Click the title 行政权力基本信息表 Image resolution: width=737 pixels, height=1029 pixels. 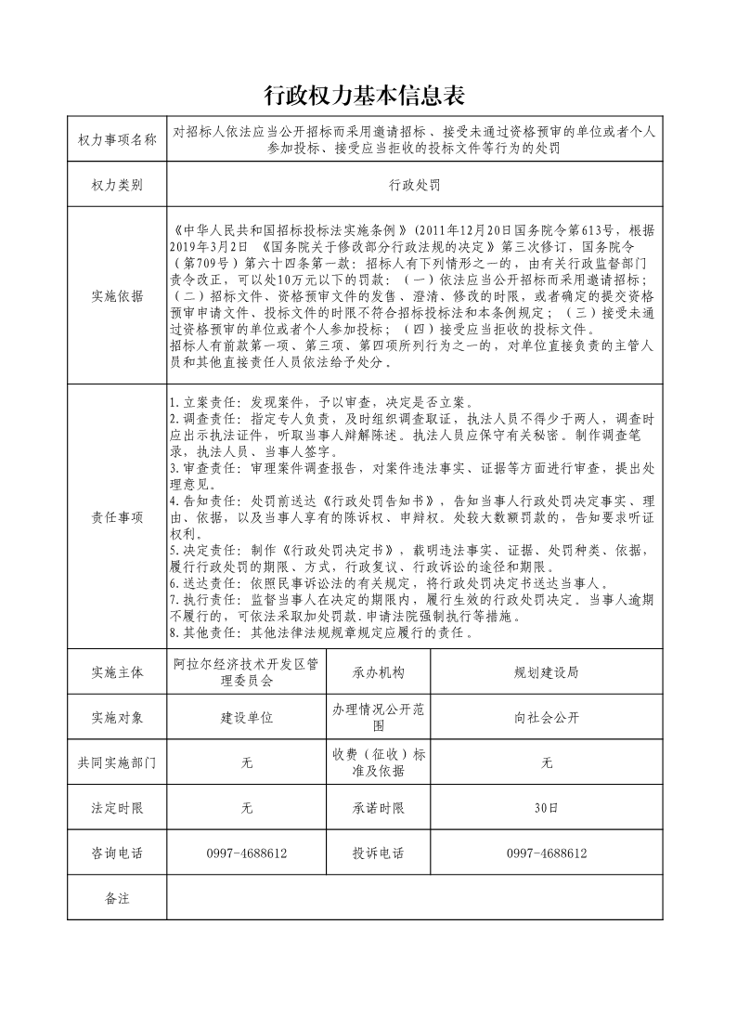[x=364, y=96]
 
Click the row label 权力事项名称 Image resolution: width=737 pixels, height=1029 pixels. [x=118, y=139]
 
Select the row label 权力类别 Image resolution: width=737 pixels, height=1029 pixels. [x=118, y=185]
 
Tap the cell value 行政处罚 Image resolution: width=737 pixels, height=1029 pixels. [x=414, y=185]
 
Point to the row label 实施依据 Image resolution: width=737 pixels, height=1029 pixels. [x=118, y=296]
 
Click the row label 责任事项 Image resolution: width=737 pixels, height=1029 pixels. [x=118, y=517]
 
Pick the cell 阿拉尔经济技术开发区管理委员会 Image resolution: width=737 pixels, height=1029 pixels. [x=246, y=672]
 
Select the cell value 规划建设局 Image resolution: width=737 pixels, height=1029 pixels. [x=547, y=672]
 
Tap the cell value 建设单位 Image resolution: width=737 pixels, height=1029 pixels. [x=246, y=718]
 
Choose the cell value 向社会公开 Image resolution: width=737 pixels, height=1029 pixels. [x=547, y=718]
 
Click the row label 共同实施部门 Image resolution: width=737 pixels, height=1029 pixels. [x=118, y=762]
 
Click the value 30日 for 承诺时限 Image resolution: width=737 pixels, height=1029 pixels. [x=547, y=808]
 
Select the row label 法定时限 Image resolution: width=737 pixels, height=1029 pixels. [x=118, y=808]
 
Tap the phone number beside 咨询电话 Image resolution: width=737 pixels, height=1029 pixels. [x=246, y=853]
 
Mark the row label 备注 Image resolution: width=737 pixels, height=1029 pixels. [x=118, y=898]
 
